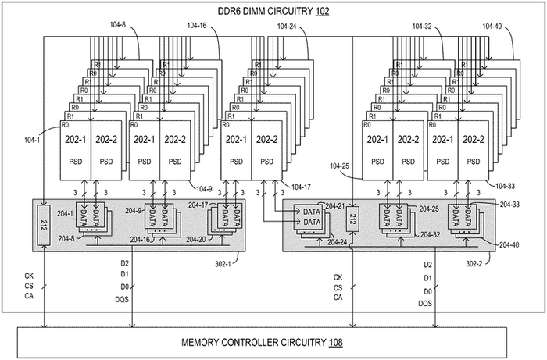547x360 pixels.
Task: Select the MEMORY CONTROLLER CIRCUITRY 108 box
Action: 273,342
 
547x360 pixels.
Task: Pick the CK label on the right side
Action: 338,277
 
